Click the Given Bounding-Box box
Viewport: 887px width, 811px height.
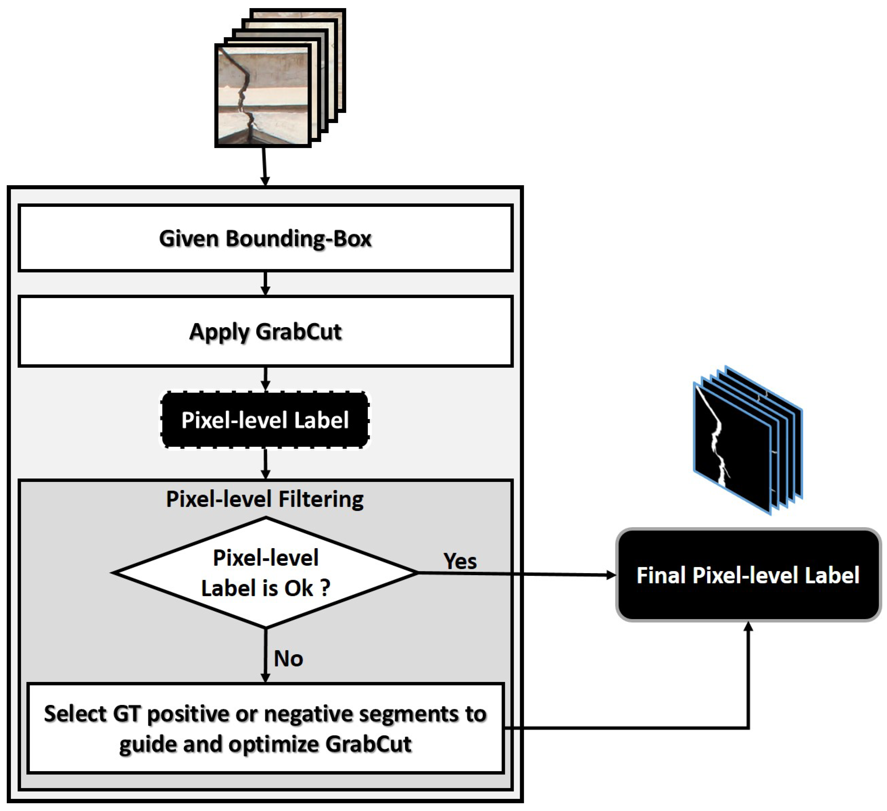pyautogui.click(x=265, y=238)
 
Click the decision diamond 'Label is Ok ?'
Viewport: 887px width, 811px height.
pyautogui.click(x=265, y=572)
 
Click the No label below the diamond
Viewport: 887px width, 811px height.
pyautogui.click(x=288, y=659)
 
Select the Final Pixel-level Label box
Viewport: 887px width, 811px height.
pyautogui.click(x=748, y=575)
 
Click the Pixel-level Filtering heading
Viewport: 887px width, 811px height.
pyautogui.click(x=265, y=499)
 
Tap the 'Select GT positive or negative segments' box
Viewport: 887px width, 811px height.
pyautogui.click(x=265, y=728)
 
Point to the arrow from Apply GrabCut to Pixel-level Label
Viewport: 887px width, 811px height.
pyautogui.click(x=265, y=379)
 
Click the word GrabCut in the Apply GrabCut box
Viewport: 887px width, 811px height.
pyautogui.click(x=299, y=331)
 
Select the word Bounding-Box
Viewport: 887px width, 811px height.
pyautogui.click(x=299, y=239)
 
